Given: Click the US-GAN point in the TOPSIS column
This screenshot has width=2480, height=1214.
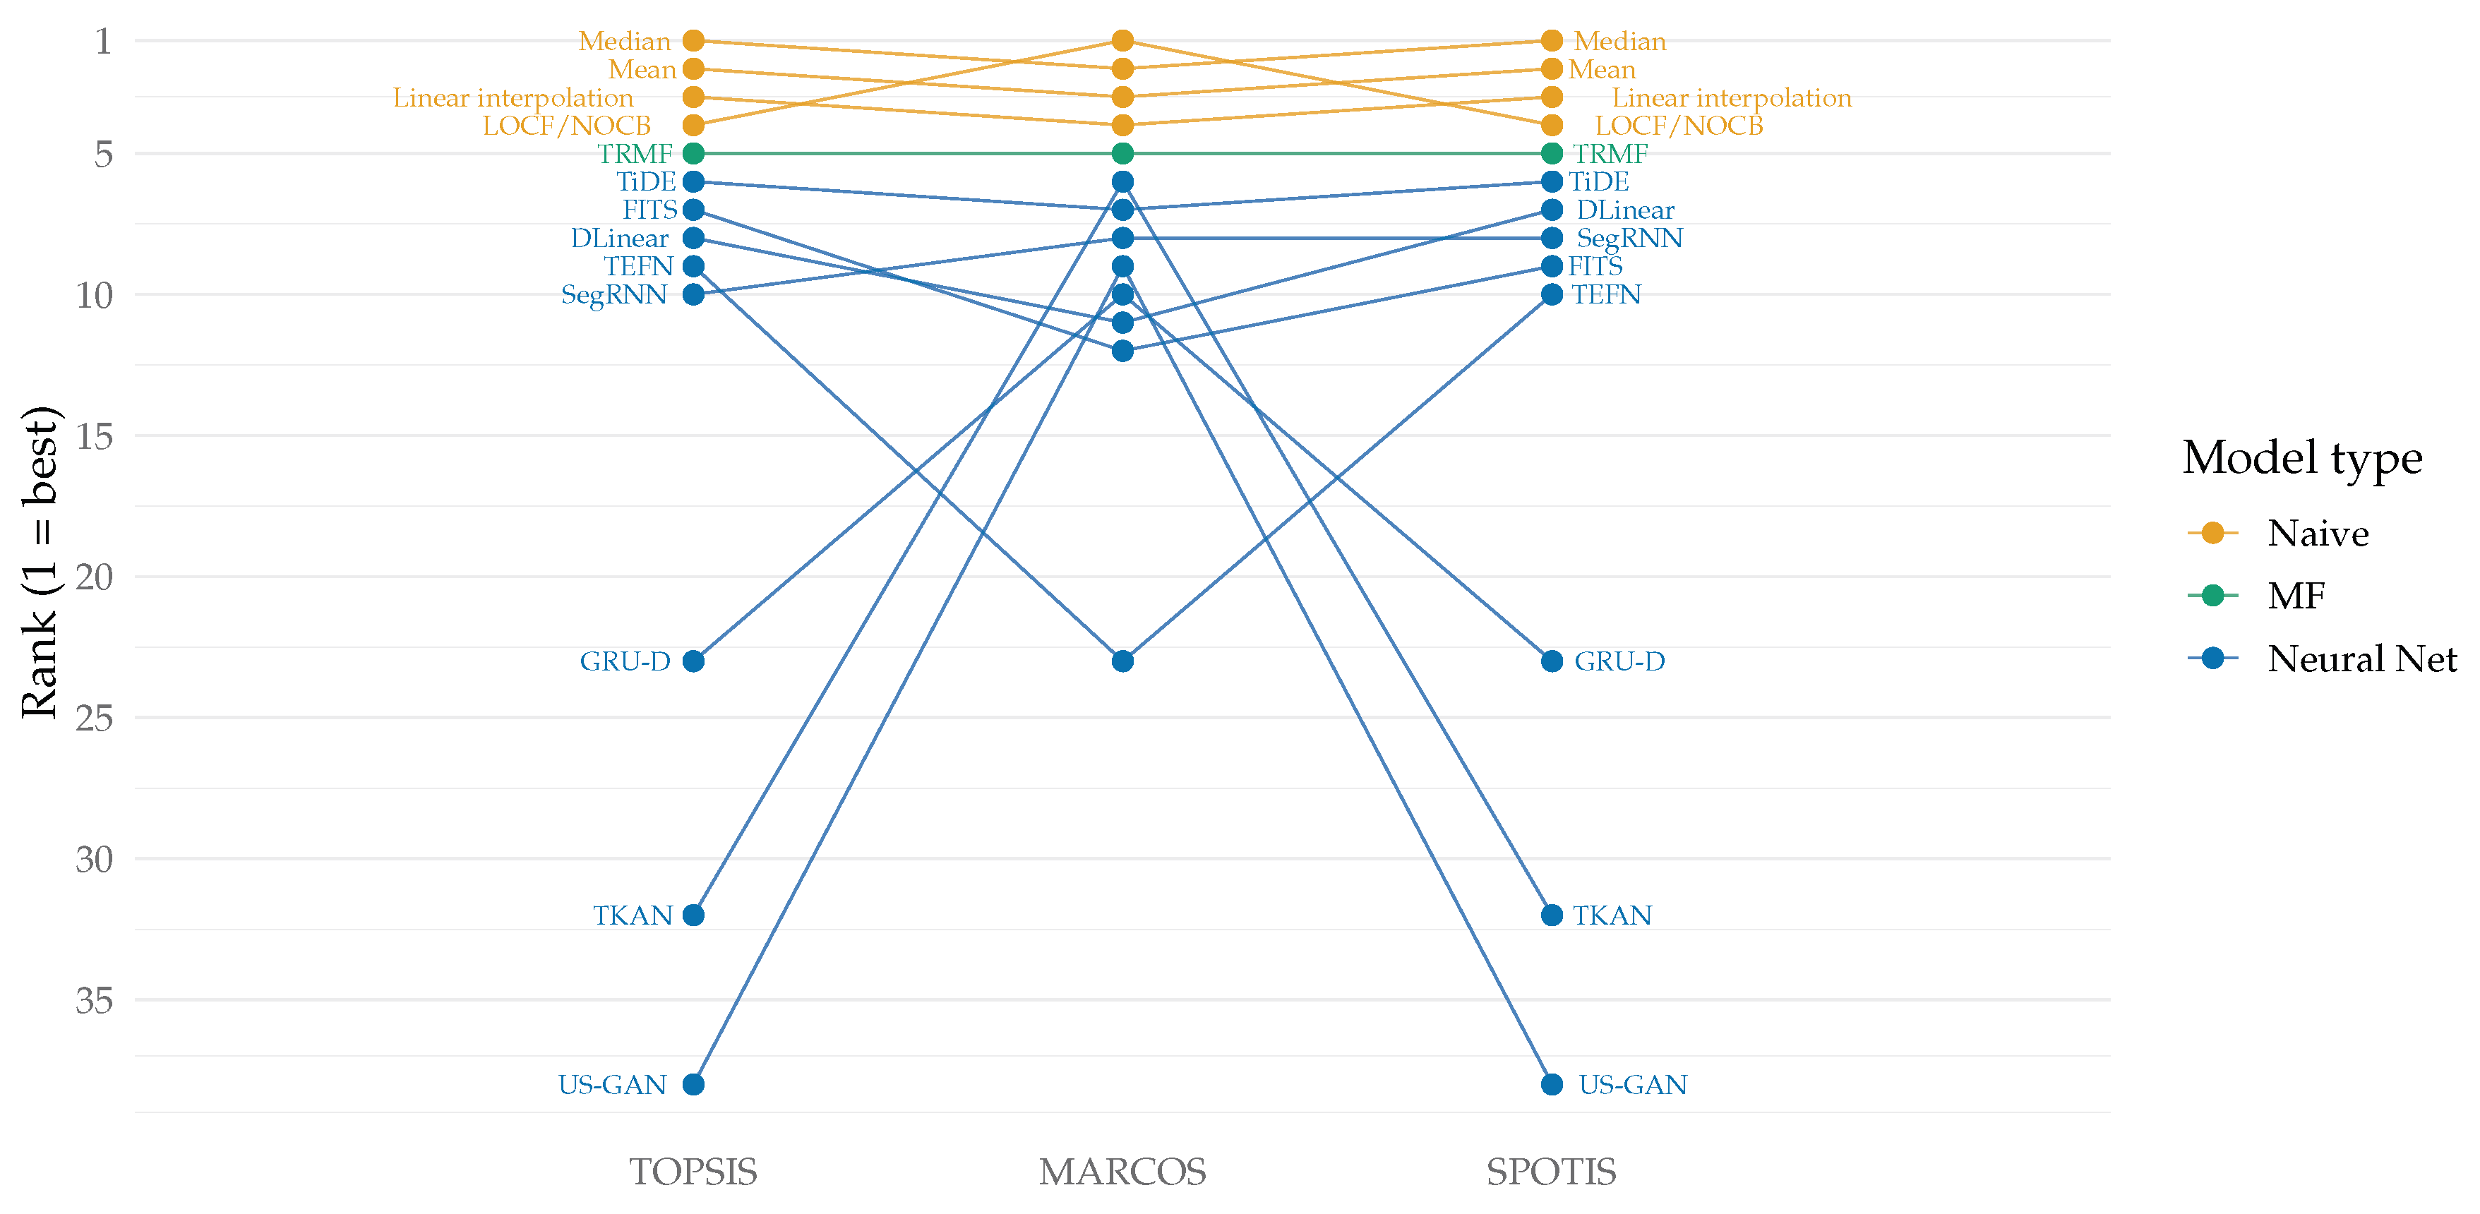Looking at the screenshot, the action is (693, 1084).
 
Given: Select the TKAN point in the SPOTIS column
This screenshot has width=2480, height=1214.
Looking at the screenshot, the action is (1552, 915).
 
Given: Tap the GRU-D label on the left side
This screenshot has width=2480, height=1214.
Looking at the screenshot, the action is (625, 661).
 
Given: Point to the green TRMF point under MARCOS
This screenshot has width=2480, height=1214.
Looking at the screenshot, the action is (1122, 153).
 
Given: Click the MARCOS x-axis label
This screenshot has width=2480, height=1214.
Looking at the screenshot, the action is (1122, 1172).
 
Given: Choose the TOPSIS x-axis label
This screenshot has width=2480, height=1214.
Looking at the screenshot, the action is (693, 1172).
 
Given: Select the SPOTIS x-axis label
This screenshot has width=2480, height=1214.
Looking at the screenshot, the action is (1552, 1172).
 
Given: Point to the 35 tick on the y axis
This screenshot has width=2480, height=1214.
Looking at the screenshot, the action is (95, 1000).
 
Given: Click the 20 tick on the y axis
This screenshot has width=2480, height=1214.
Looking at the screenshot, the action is (95, 577).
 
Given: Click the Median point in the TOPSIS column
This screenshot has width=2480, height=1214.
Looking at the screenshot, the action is (693, 40).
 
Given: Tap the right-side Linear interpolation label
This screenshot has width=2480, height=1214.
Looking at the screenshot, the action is (1732, 97).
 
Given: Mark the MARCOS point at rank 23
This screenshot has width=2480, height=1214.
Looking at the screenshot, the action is (1122, 661).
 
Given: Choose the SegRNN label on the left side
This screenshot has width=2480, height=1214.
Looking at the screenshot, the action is (614, 294).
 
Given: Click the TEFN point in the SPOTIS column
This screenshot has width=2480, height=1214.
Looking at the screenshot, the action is (1552, 294).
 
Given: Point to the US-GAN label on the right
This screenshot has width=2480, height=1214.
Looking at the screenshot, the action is (1633, 1085).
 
